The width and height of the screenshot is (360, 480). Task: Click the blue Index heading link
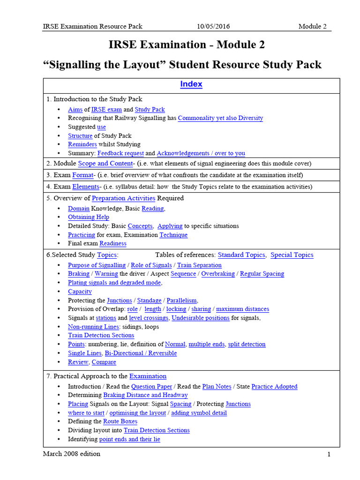coord(191,84)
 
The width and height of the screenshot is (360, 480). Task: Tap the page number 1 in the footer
coord(329,454)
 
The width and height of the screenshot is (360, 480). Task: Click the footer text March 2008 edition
coord(72,454)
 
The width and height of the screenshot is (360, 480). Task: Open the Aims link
coord(75,109)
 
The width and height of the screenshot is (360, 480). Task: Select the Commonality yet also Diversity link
coord(220,118)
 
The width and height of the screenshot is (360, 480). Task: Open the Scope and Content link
coord(105,164)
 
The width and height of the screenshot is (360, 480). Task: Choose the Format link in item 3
coord(82,175)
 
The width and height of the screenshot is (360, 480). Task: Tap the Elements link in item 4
coord(85,187)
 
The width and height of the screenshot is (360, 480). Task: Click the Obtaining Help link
coord(89,217)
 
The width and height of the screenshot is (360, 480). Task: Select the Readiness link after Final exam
coord(112,244)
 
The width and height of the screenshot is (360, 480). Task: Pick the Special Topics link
coord(292,255)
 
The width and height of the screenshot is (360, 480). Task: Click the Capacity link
coord(80,292)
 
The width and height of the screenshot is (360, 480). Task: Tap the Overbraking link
coord(218,274)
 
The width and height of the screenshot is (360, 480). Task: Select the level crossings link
coord(149,318)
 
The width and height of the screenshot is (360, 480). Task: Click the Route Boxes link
coord(120,421)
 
